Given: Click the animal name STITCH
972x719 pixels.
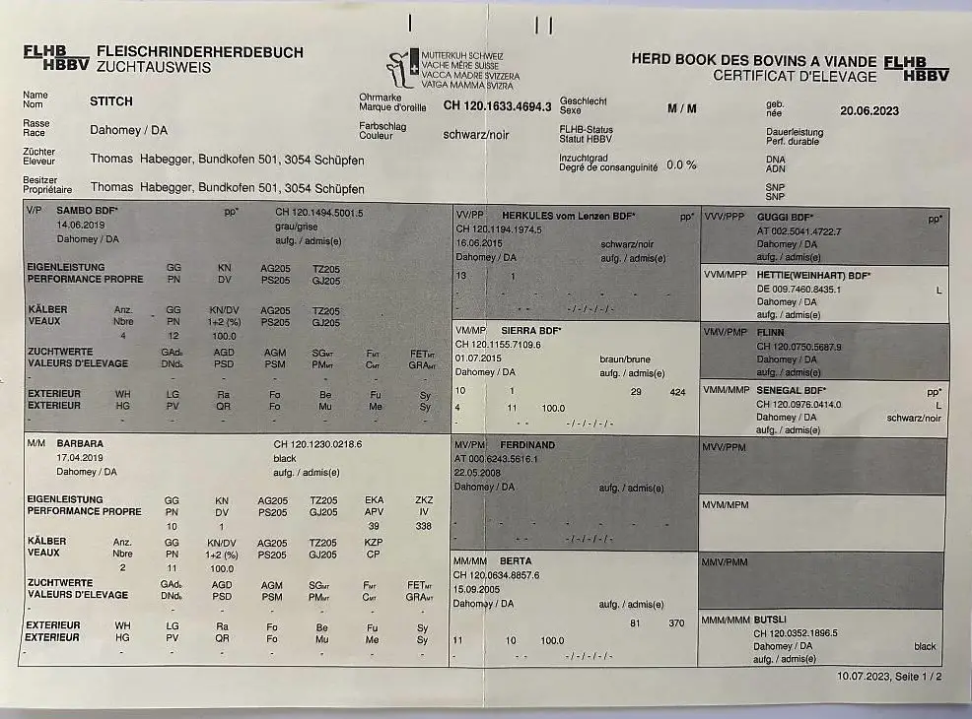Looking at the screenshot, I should [x=111, y=100].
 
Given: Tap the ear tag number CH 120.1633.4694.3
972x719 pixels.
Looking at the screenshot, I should [x=497, y=104].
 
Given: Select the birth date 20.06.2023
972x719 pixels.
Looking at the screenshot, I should [x=869, y=111].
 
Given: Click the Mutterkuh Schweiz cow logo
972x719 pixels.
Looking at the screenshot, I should [x=400, y=67].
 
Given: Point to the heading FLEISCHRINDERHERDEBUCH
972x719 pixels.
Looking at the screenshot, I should [x=200, y=52].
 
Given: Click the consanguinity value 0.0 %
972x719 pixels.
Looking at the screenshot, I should [x=681, y=164].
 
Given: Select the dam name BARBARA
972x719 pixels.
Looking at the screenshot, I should [x=81, y=444].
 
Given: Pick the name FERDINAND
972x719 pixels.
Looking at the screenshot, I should [x=528, y=445].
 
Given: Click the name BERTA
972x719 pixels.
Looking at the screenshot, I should [x=517, y=561].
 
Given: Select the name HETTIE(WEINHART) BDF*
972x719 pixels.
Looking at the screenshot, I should [x=814, y=274].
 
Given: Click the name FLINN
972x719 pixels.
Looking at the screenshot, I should [x=772, y=333].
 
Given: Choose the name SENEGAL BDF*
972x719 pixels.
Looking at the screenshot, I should [x=792, y=391].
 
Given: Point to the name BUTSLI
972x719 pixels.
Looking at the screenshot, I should [x=771, y=620].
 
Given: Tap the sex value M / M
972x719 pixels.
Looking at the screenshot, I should [x=681, y=108].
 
